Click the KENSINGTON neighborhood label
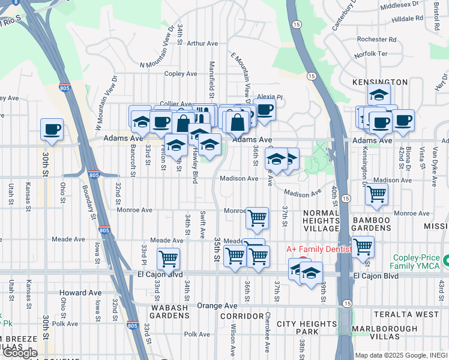pos(381,82)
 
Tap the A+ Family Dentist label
pos(318,248)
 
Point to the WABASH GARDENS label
pos(169,311)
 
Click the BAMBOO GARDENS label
pos(370,224)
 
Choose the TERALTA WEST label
pos(406,314)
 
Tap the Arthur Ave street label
pos(202,43)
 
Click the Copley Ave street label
pos(181,74)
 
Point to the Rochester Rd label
pos(376,40)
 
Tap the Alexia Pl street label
pos(270,96)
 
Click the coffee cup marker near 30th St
pos(52,129)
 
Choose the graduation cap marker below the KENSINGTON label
pos(379,95)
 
